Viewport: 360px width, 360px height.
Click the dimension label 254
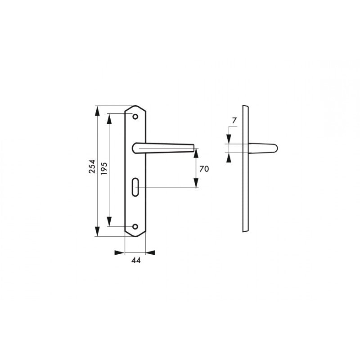coord(92,166)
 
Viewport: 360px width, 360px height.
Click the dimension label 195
coord(104,168)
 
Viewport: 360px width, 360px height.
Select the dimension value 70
coord(204,169)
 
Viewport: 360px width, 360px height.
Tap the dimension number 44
coord(136,261)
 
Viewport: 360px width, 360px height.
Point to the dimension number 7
coord(234,121)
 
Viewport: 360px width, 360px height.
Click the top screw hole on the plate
coord(135,117)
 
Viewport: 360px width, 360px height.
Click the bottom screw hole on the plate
coord(135,227)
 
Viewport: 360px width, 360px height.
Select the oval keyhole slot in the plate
coord(135,187)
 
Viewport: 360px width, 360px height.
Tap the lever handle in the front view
coord(163,148)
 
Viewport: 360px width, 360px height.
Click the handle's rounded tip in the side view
coord(275,148)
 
